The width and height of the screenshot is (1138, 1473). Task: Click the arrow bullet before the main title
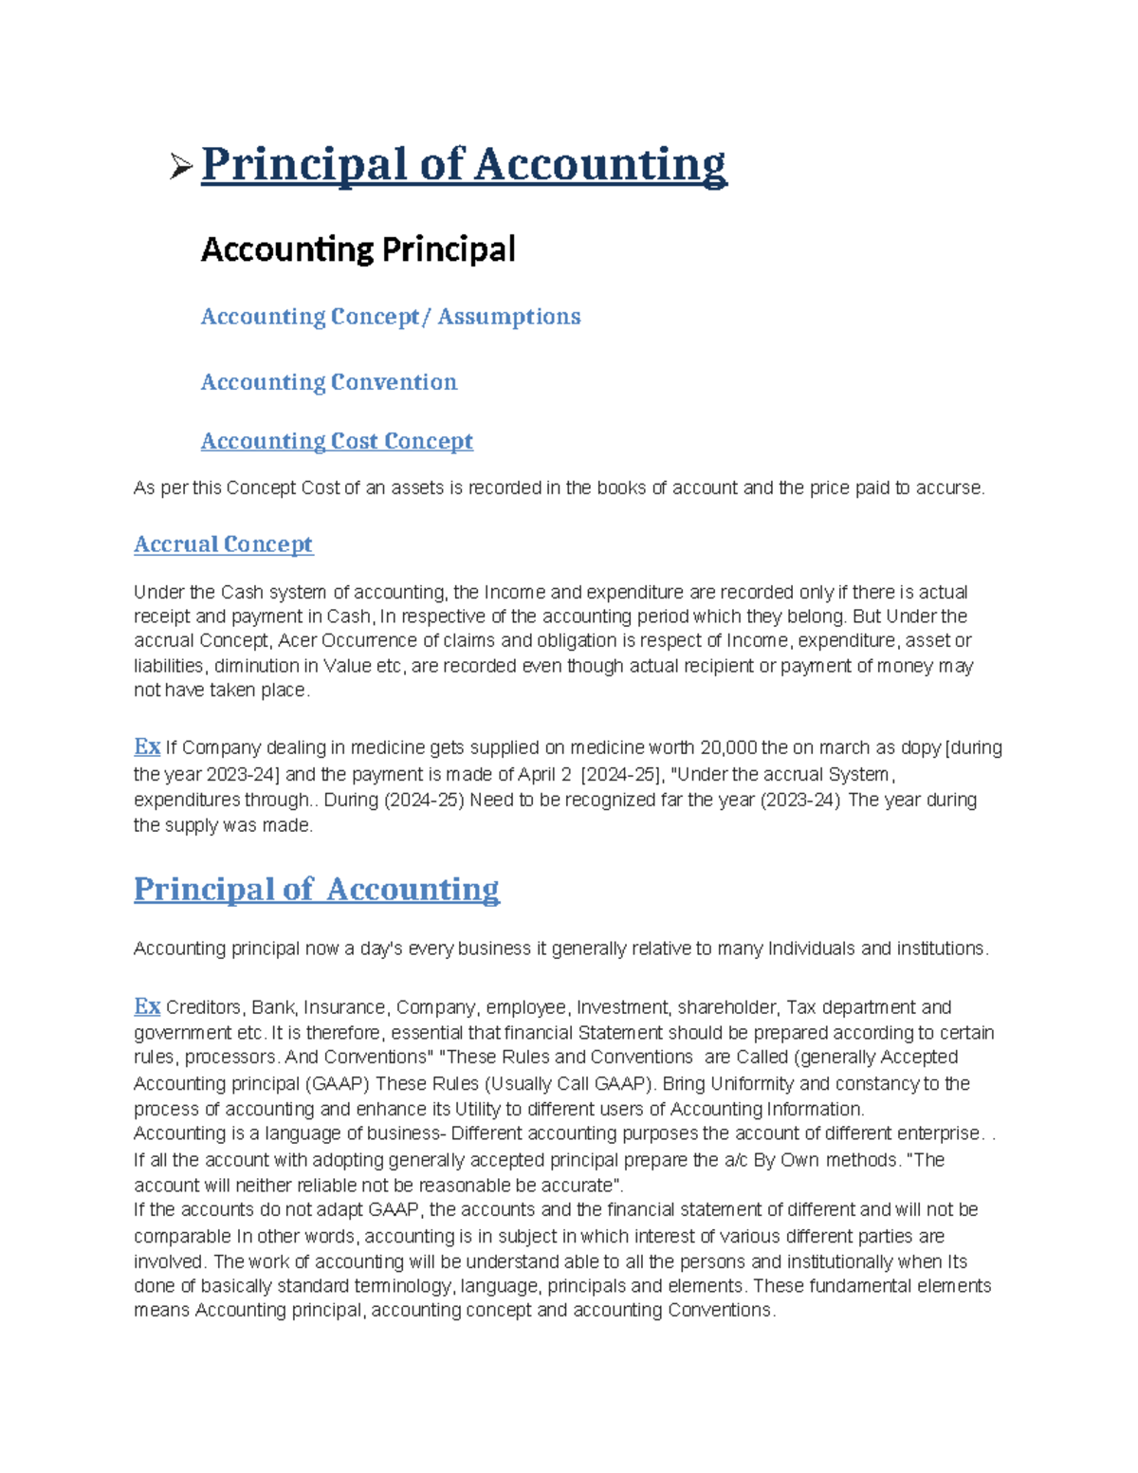(181, 169)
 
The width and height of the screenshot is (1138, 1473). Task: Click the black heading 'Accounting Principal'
(358, 249)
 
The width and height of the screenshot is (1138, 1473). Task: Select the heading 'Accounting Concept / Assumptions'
(390, 317)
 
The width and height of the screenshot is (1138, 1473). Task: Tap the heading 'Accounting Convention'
(328, 382)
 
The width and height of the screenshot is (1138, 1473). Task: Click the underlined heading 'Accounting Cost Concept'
(337, 441)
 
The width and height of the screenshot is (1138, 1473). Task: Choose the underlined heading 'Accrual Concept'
(223, 544)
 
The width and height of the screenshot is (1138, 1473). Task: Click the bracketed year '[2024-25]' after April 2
(620, 775)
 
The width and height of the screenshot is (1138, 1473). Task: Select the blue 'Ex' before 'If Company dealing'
(146, 746)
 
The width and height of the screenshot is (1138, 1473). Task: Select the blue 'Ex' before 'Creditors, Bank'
(146, 1006)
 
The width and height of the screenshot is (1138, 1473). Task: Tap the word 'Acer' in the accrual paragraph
(296, 641)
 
